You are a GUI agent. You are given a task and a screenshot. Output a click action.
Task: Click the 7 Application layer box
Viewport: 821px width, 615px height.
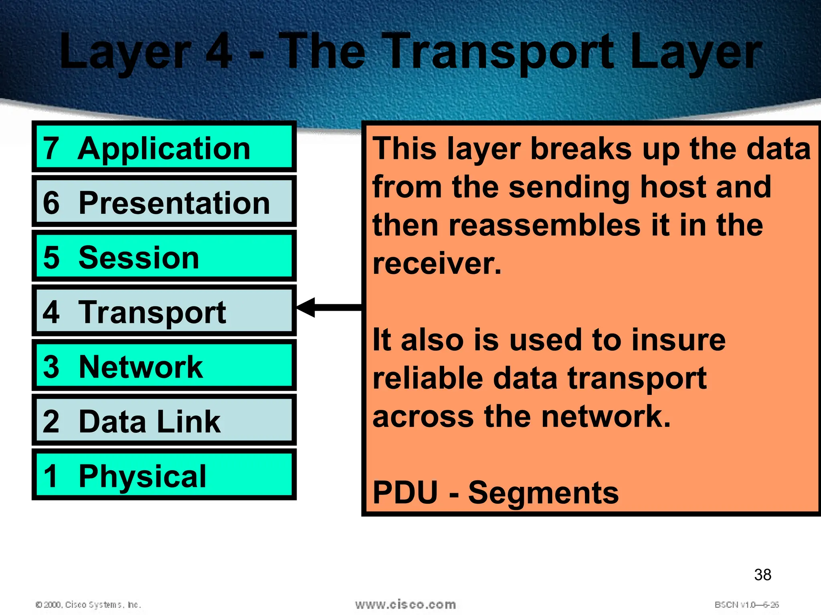point(164,147)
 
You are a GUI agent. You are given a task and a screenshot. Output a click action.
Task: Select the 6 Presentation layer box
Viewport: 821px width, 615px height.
point(164,201)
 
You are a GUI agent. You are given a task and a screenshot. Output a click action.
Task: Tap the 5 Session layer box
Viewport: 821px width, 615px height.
point(164,256)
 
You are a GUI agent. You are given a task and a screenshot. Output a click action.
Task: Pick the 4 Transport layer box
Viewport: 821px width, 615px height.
point(164,311)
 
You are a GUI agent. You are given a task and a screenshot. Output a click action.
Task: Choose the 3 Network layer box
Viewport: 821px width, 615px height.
point(164,366)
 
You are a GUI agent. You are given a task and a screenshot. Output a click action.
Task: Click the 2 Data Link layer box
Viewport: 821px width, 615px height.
point(164,420)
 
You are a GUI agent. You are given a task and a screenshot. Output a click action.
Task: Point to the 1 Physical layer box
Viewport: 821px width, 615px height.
point(164,475)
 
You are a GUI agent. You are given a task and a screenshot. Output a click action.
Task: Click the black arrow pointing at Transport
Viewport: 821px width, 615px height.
point(329,307)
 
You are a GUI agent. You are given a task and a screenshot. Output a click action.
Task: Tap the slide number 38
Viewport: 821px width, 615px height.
point(762,575)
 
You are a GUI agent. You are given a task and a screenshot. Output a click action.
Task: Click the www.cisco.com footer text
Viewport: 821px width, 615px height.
point(405,604)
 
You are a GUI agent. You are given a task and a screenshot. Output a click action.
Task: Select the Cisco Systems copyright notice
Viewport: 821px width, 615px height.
point(89,605)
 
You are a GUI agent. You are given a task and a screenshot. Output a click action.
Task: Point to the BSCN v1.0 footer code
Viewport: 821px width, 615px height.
point(746,605)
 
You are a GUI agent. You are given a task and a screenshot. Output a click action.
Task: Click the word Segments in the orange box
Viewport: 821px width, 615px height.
point(543,492)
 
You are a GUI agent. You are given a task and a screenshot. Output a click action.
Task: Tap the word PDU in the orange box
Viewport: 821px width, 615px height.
point(405,492)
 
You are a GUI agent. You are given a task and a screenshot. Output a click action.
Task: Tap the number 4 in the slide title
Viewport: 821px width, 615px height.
point(219,52)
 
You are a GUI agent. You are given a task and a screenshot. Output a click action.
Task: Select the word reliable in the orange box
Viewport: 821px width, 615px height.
point(428,378)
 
